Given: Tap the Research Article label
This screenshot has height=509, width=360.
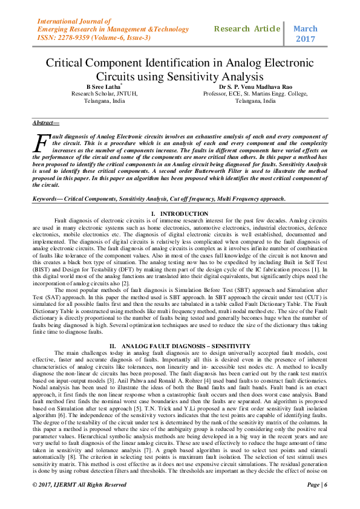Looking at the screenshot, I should [x=247, y=28].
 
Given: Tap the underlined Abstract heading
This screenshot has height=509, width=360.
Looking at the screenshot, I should [x=46, y=123].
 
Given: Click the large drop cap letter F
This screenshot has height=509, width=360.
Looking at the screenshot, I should [x=41, y=144].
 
